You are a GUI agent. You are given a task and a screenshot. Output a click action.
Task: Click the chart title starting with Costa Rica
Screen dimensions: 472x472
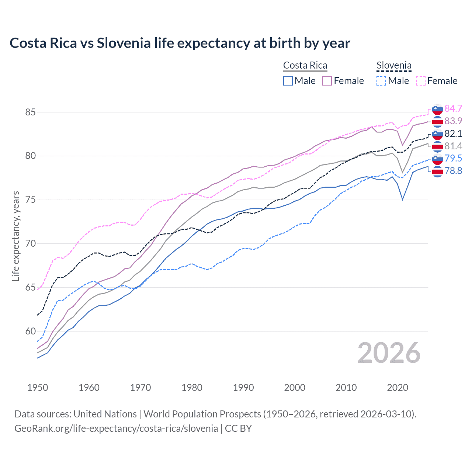[x=180, y=43]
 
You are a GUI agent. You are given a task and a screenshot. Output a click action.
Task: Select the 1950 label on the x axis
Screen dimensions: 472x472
[x=38, y=388]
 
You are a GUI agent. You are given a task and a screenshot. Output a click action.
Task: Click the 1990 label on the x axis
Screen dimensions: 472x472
[x=243, y=388]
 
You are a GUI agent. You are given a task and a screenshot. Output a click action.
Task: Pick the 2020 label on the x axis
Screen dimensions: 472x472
[x=398, y=388]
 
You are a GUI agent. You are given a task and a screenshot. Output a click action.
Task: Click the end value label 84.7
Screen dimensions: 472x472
[x=453, y=108]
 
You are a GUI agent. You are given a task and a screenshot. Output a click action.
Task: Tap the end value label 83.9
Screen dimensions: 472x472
[x=453, y=121]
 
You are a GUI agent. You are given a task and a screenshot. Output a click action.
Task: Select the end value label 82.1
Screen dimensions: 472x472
[x=453, y=133]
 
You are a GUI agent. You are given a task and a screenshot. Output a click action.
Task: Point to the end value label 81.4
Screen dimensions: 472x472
[x=453, y=146]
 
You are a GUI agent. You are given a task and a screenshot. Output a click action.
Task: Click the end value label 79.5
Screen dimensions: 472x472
[x=453, y=158]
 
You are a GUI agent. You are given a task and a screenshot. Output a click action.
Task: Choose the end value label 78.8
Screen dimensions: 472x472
[x=453, y=171]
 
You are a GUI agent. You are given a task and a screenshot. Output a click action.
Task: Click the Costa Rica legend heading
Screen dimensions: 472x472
[x=305, y=65]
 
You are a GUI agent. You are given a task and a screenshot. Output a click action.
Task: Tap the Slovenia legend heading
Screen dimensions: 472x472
[x=394, y=65]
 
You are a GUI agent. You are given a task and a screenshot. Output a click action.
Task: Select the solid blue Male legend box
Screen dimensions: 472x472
[x=288, y=81]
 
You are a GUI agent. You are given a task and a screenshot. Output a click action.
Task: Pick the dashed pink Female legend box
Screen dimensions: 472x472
[x=421, y=81]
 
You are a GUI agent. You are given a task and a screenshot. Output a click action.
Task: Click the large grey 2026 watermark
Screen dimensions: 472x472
[x=389, y=353]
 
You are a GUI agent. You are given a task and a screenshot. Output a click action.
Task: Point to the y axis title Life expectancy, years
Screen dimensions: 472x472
[x=16, y=236]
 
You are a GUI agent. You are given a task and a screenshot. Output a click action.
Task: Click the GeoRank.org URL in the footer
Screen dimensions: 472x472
[x=116, y=428]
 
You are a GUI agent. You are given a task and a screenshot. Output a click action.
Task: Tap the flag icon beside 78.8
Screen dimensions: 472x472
[x=437, y=171]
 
